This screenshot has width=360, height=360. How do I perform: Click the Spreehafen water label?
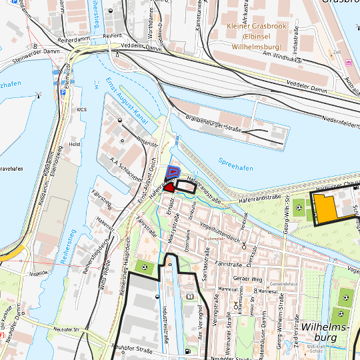(235, 164)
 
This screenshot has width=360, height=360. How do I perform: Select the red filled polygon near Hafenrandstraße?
(169, 188)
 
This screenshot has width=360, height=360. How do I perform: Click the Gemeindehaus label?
(283, 283)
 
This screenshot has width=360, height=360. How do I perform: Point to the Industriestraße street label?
(164, 307)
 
